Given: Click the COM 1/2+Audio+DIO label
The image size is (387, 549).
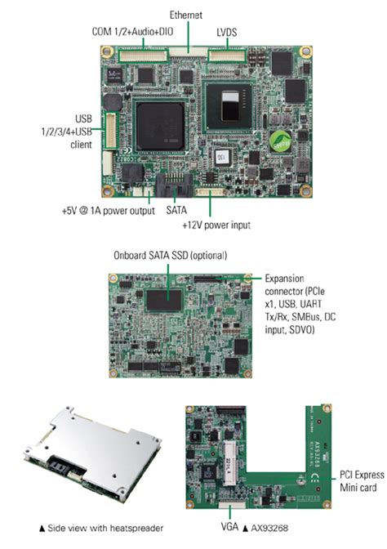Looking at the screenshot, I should (x=131, y=32).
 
